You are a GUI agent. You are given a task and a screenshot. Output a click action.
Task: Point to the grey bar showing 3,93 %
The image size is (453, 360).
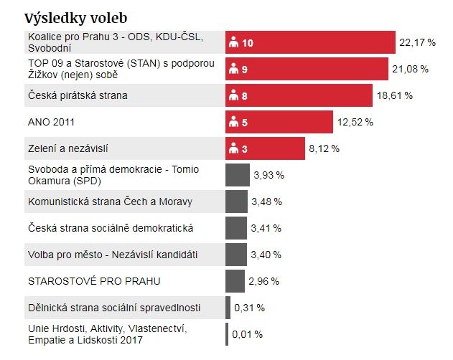coord(237,175)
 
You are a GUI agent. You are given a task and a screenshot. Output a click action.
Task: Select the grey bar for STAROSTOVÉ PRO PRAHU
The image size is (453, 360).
coord(235,280)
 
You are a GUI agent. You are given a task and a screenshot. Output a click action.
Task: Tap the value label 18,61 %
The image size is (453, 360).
coord(395,95)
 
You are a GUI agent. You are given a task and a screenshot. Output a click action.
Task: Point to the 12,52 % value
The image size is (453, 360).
coord(355,122)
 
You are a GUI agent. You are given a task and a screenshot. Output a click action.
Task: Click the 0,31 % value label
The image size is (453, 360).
coord(249,308)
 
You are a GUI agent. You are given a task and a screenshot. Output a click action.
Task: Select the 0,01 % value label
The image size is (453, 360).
coord(247,334)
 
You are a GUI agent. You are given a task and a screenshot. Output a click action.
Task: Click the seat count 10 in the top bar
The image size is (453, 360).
coord(248,43)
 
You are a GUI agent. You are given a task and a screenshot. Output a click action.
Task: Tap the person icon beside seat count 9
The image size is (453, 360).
coord(233,70)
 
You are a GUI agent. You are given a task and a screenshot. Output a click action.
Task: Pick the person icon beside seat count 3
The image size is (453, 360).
coord(233,148)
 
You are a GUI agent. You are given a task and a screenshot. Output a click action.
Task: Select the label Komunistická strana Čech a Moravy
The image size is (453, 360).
coord(110,202)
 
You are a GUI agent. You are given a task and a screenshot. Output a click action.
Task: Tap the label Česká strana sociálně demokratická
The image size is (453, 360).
coord(111,228)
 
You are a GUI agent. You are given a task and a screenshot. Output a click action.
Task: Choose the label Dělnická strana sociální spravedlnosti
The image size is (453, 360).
coord(114,308)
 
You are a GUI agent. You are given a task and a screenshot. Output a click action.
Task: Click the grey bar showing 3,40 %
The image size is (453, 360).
coord(236,255)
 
